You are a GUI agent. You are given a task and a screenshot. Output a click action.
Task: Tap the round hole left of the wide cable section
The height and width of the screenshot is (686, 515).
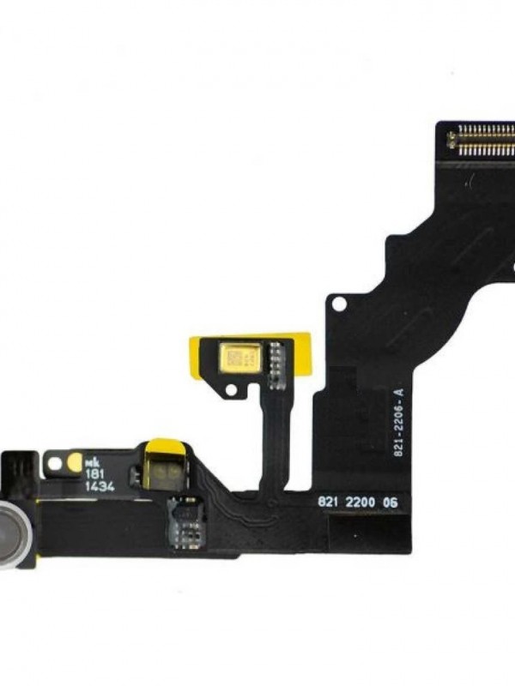click(x=339, y=304)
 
